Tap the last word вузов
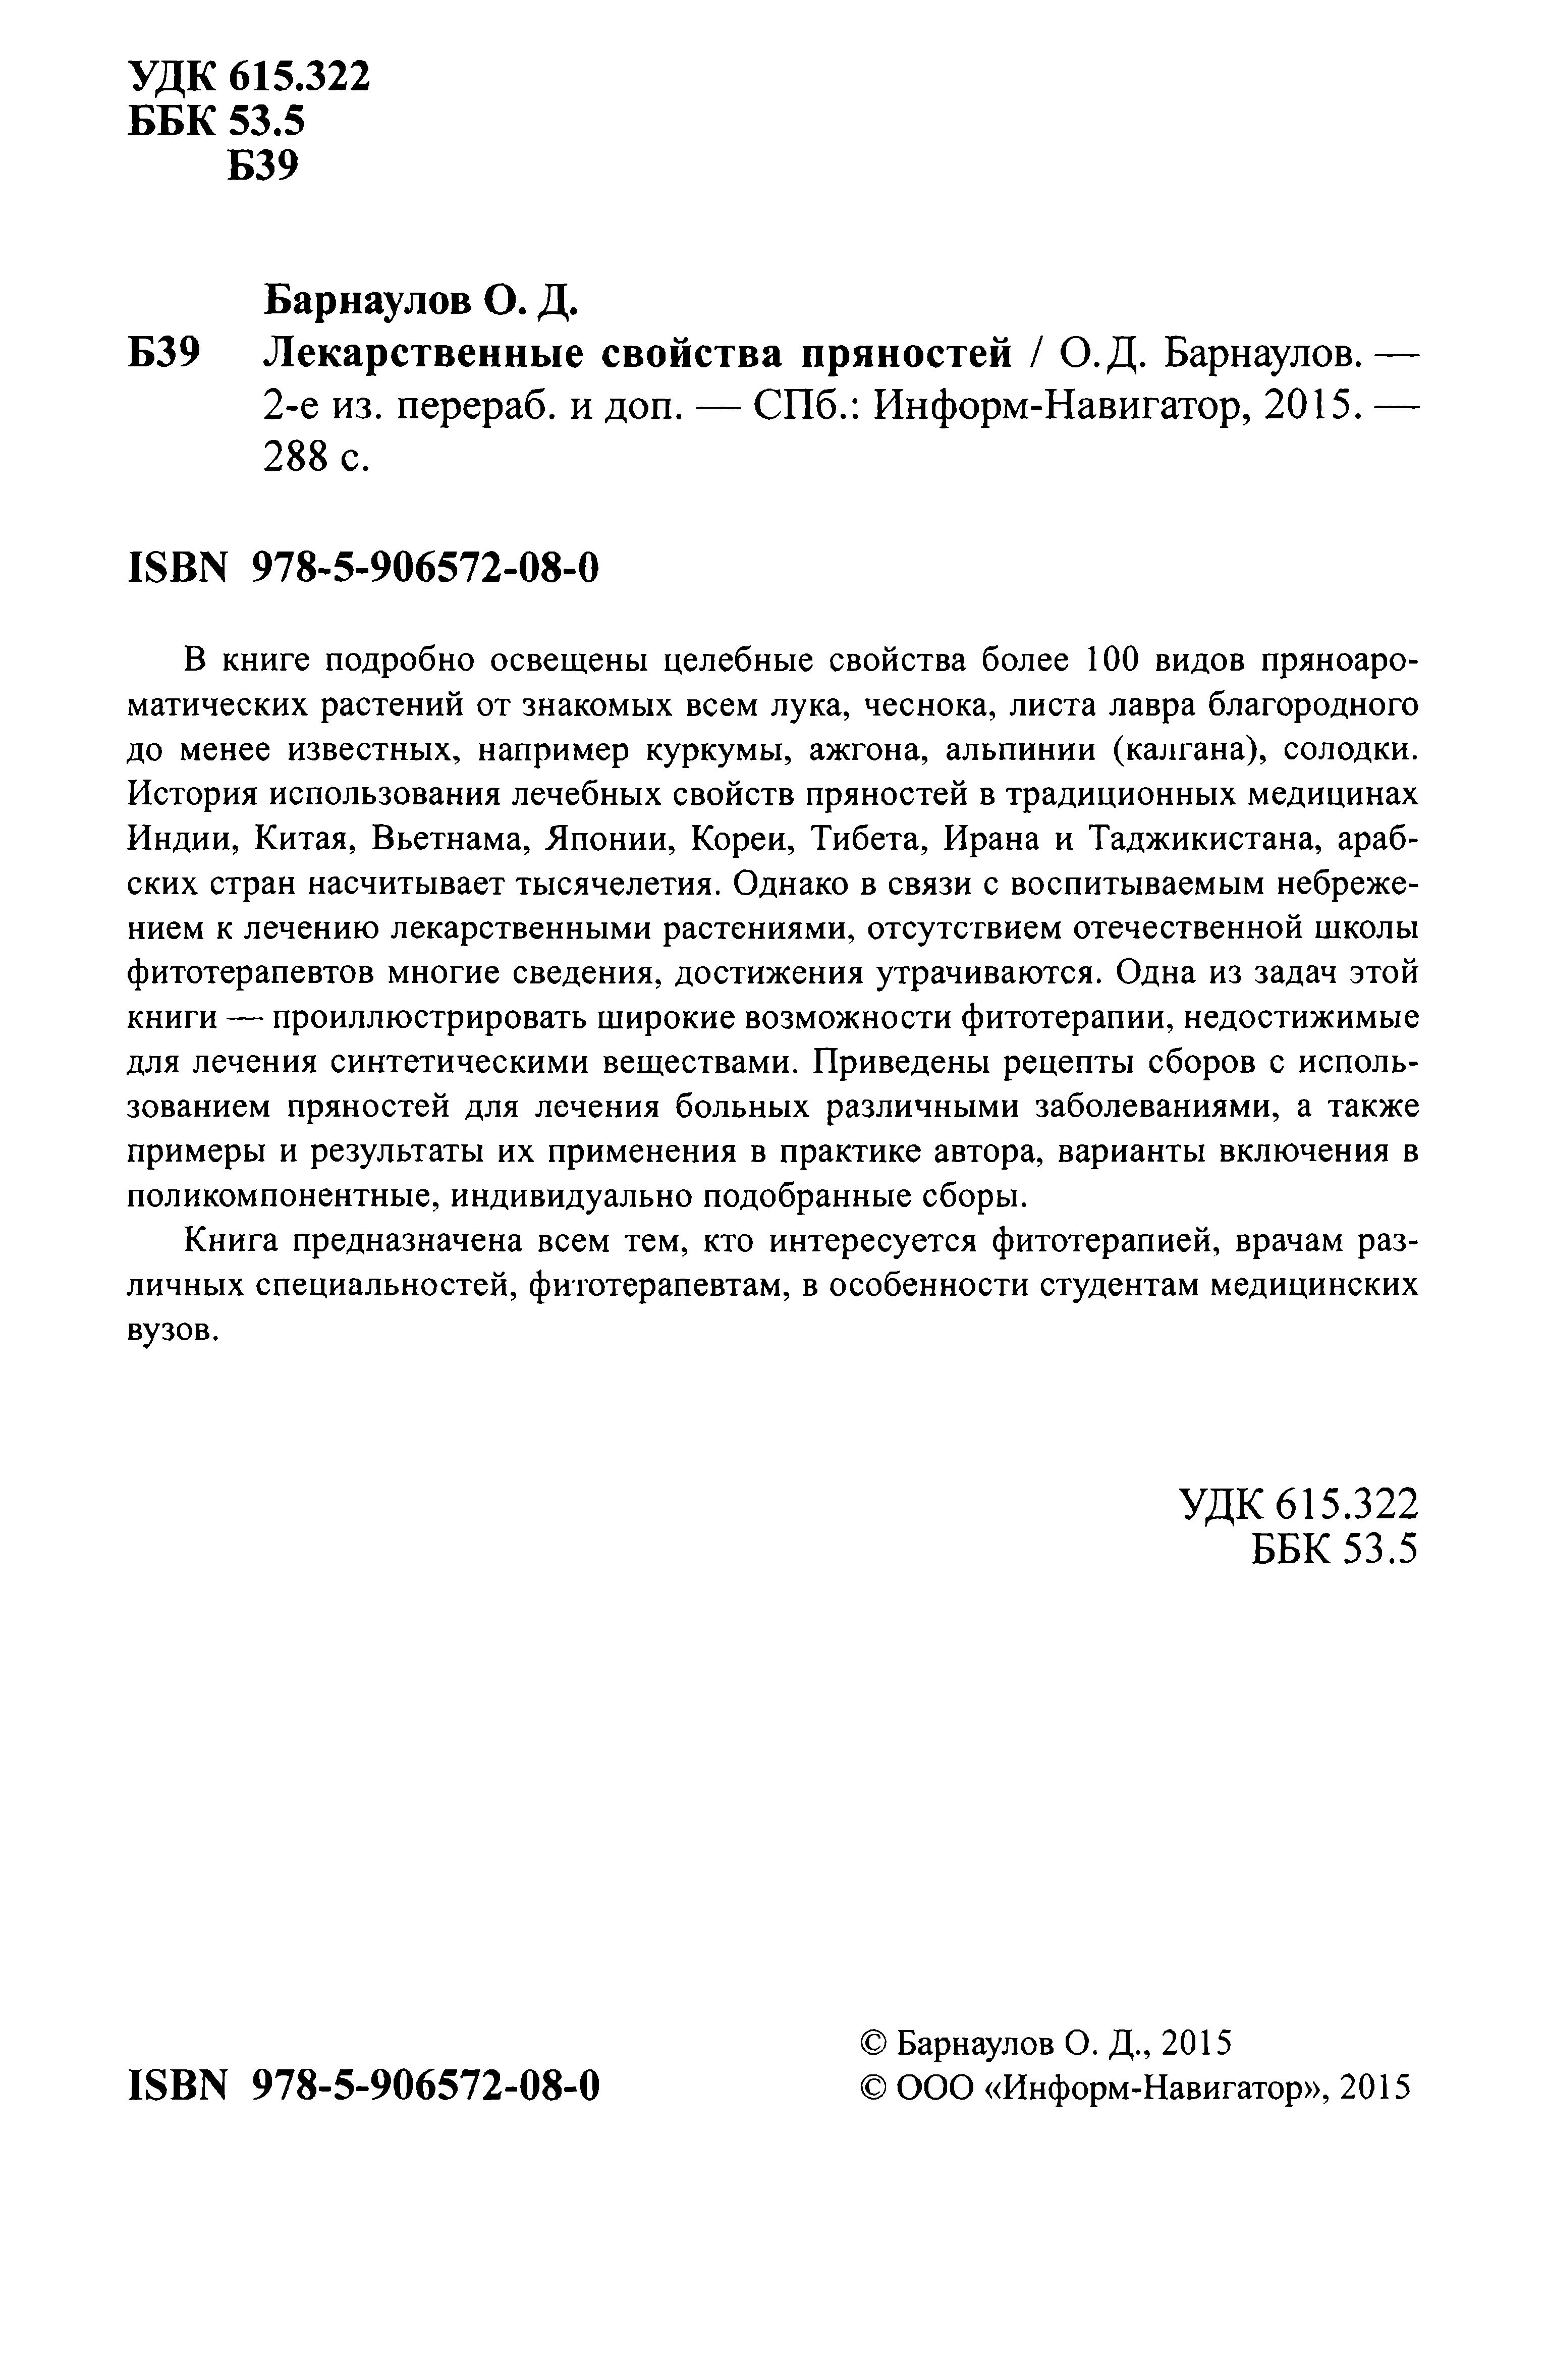click(171, 1331)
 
